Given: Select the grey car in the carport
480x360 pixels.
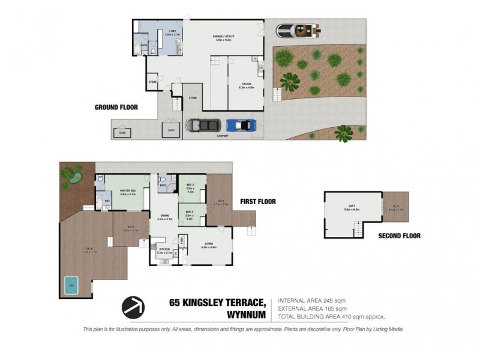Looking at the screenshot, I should pos(203,125).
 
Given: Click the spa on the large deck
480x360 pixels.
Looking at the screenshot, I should pos(70,283).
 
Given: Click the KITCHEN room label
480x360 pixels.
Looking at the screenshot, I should pos(164,251).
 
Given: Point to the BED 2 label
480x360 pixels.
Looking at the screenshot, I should pos(189,185).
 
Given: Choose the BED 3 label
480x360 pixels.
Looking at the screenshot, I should pos(189,214).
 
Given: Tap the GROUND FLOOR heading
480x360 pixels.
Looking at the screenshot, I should pos(116,107).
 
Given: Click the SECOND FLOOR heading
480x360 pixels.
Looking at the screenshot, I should pos(399,236).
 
